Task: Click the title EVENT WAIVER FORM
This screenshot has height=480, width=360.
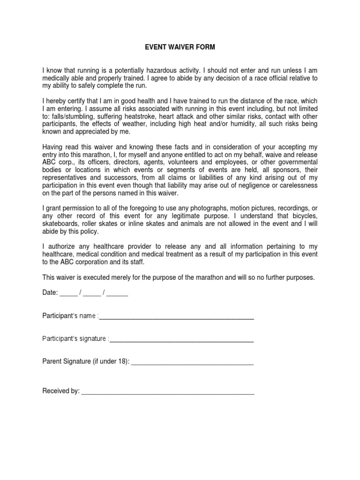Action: tap(180, 47)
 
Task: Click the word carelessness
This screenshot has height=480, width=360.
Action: tap(299, 185)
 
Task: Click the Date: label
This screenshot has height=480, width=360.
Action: tap(50, 293)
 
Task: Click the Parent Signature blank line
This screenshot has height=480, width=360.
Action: tap(192, 363)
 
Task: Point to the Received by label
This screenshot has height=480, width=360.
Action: tap(61, 391)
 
